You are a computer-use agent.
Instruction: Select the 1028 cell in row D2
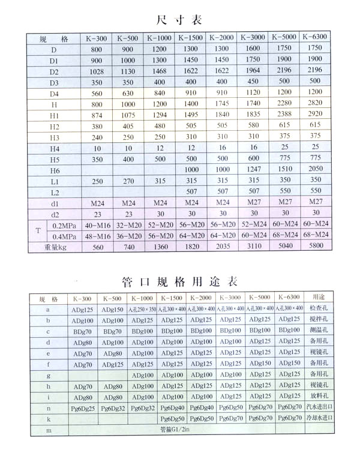97,70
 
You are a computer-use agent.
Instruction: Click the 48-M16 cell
97,235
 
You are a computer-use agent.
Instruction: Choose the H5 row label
55,158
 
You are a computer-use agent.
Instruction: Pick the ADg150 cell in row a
112,309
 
